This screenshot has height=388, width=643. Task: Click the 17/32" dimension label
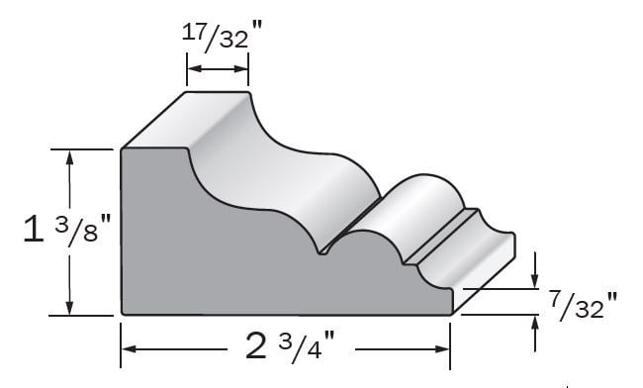[222, 36]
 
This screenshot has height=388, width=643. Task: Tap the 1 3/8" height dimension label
[67, 230]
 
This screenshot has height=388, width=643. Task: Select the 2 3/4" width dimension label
[290, 345]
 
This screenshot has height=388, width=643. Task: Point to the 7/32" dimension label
[583, 305]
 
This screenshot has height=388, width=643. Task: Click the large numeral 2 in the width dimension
[256, 345]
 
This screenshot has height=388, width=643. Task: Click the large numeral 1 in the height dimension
[34, 230]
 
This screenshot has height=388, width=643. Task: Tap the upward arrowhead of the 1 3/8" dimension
[69, 158]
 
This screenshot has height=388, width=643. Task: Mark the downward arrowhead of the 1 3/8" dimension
[69, 307]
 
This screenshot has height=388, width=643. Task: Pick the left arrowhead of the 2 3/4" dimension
[130, 349]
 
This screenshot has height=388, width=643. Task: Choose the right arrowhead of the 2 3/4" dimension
[442, 349]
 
